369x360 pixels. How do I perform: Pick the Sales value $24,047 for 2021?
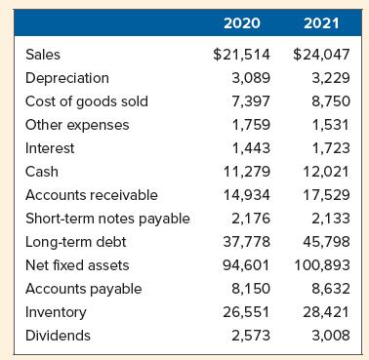coord(322,55)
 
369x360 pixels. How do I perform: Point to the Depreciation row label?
coord(66,78)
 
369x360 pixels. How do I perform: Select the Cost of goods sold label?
coord(86,101)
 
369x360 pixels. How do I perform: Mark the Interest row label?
coord(49,148)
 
